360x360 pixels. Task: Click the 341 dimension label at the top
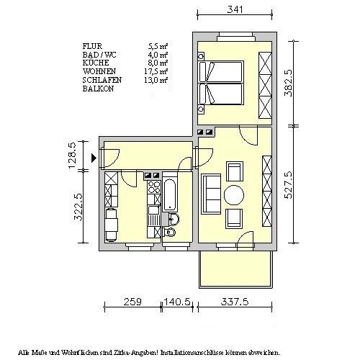tap(235, 9)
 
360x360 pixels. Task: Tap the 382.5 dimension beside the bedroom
tap(288, 83)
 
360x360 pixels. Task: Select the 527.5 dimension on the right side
tap(288, 185)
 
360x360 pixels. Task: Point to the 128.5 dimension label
tap(73, 156)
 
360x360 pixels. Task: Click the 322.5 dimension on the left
tap(78, 207)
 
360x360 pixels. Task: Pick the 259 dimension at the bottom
tap(132, 302)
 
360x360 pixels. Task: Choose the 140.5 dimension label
tap(177, 302)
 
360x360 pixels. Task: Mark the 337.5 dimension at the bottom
tap(235, 302)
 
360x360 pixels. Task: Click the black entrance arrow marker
tap(94, 158)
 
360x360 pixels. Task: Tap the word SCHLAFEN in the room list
tap(102, 80)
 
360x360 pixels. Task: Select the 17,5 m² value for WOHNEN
tap(156, 71)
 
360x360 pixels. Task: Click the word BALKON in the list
tap(98, 89)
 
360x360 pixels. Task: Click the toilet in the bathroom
tap(169, 232)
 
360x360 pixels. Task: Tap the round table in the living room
tap(234, 195)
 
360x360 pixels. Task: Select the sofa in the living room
tap(211, 194)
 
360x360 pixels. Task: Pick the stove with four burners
tap(154, 187)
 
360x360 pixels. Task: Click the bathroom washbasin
tap(174, 220)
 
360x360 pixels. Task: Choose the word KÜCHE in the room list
tap(96, 63)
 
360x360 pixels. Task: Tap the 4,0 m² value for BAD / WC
tap(158, 55)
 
